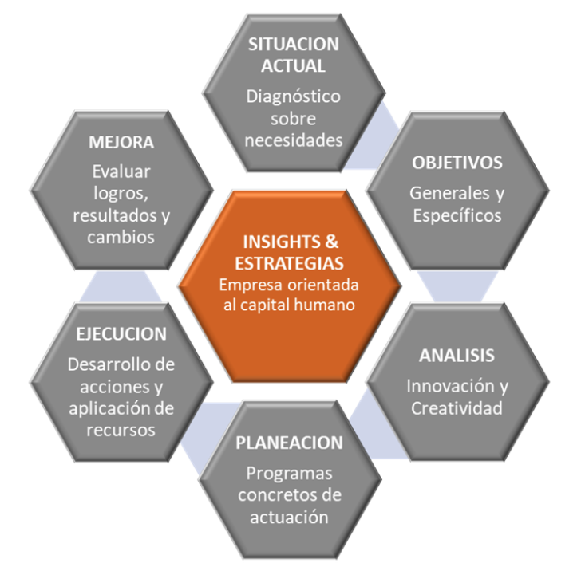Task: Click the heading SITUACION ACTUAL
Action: (294, 55)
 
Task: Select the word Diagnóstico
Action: (293, 96)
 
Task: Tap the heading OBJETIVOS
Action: (457, 163)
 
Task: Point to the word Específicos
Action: (457, 216)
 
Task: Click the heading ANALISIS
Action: (457, 356)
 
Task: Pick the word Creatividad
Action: (457, 408)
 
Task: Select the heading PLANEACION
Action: (289, 443)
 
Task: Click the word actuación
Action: (289, 518)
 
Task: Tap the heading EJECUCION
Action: (121, 334)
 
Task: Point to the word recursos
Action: (121, 431)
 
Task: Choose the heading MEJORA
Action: (121, 143)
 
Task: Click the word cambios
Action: (121, 238)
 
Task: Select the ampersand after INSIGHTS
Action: (331, 242)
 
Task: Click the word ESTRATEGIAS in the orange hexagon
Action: (289, 264)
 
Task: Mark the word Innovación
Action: (450, 386)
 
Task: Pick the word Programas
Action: (289, 474)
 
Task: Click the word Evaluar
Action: (121, 172)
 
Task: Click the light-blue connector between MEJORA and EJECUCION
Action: (121, 286)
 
